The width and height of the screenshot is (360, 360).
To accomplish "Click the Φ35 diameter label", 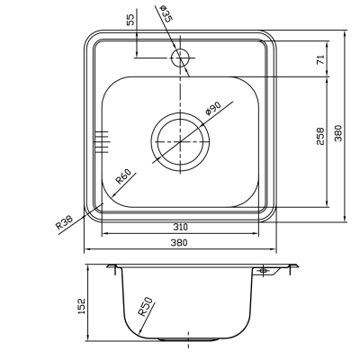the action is (166, 13).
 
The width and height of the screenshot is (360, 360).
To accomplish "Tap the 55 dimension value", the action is (131, 20).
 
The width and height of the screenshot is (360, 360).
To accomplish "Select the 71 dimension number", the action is (320, 59).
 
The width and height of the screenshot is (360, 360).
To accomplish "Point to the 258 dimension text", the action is (320, 137).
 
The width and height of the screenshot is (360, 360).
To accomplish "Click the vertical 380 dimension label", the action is (338, 133).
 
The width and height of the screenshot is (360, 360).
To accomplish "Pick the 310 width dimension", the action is (180, 227).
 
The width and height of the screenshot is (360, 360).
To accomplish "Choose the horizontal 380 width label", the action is (179, 242).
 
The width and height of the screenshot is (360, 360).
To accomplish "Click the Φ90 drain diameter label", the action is (213, 109).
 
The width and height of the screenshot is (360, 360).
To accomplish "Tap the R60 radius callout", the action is (123, 176).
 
